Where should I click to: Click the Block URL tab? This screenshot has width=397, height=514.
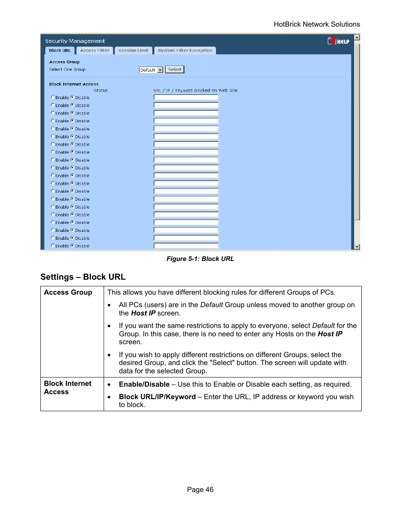60,50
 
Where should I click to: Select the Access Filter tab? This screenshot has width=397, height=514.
94,50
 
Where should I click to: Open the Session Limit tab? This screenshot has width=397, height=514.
133,50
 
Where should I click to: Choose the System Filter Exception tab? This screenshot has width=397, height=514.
185,50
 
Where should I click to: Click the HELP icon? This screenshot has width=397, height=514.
338,41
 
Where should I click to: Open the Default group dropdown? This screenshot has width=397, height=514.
160,70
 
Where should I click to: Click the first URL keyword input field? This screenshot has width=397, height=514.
186,97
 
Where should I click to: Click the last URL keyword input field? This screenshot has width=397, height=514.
186,246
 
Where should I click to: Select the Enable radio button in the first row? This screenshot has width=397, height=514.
53,97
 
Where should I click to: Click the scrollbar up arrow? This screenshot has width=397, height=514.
357,37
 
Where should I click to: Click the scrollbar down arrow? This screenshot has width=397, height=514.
357,247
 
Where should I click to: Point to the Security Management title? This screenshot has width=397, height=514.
75,41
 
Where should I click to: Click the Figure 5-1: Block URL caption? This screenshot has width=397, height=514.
200,259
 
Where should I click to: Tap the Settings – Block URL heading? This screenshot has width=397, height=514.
83,277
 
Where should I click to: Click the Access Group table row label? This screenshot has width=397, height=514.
68,293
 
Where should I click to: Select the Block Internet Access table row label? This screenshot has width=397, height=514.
67,387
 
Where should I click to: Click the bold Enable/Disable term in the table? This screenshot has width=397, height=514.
144,385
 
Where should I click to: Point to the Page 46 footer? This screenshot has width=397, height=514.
200,489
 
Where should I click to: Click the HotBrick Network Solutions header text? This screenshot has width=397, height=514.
317,25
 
